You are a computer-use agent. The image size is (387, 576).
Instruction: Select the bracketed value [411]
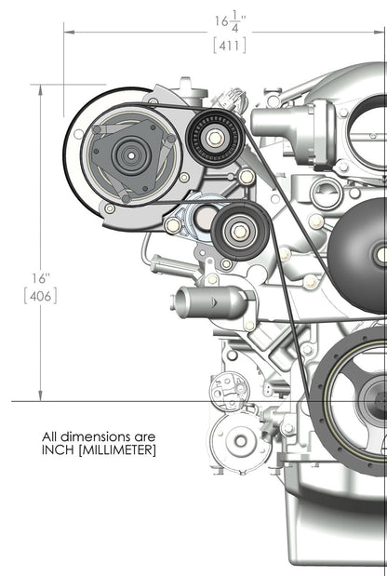coord(229,44)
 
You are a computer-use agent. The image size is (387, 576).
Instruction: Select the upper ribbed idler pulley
coord(215,138)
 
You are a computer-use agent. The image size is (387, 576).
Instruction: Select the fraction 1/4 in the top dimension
coord(239,20)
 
